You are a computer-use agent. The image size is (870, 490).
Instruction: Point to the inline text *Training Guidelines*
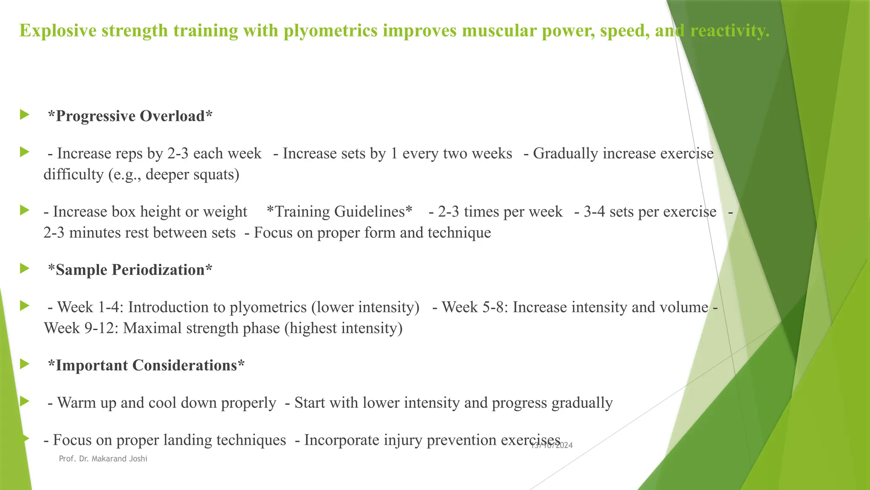click(339, 212)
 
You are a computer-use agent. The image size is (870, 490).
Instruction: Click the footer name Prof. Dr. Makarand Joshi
click(103, 459)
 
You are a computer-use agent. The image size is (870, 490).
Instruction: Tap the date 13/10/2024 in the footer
click(552, 445)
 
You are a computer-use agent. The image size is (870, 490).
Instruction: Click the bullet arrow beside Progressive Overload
click(24, 115)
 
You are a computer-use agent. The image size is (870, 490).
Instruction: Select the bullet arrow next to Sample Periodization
click(24, 269)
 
